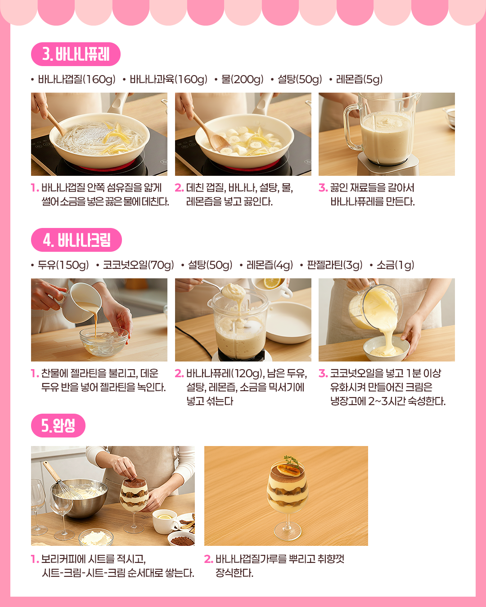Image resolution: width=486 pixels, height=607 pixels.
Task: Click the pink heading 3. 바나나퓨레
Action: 76,54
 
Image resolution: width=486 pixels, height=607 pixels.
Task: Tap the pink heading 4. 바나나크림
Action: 76,240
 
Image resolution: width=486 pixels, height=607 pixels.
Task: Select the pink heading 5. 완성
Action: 58,425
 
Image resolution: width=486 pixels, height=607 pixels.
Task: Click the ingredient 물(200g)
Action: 242,79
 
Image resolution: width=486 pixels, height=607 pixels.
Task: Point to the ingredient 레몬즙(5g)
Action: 359,79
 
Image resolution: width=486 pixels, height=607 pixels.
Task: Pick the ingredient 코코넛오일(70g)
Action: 138,265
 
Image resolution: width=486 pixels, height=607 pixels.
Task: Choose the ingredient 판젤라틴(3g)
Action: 335,265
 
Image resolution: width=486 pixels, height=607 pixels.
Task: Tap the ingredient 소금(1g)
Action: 396,265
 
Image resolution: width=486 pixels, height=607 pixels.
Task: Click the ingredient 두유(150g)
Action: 63,265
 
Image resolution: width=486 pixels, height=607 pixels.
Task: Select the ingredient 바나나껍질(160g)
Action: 77,79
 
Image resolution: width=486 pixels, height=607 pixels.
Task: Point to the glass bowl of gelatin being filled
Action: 104,341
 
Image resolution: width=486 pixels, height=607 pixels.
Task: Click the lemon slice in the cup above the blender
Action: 272,283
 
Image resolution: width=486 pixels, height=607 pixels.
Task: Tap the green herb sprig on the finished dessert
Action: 292,461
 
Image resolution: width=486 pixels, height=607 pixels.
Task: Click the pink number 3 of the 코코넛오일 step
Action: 323,374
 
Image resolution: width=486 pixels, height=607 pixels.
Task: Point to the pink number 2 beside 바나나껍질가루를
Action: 208,559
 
